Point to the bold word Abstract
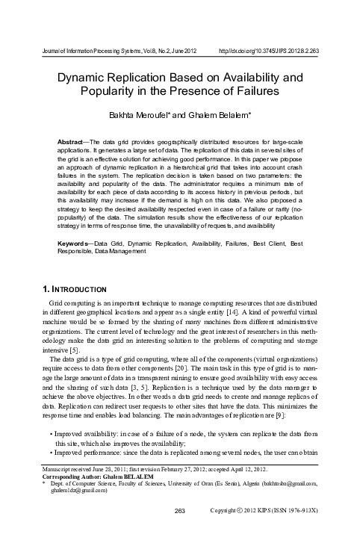click(x=73, y=141)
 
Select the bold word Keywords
click(x=75, y=223)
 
